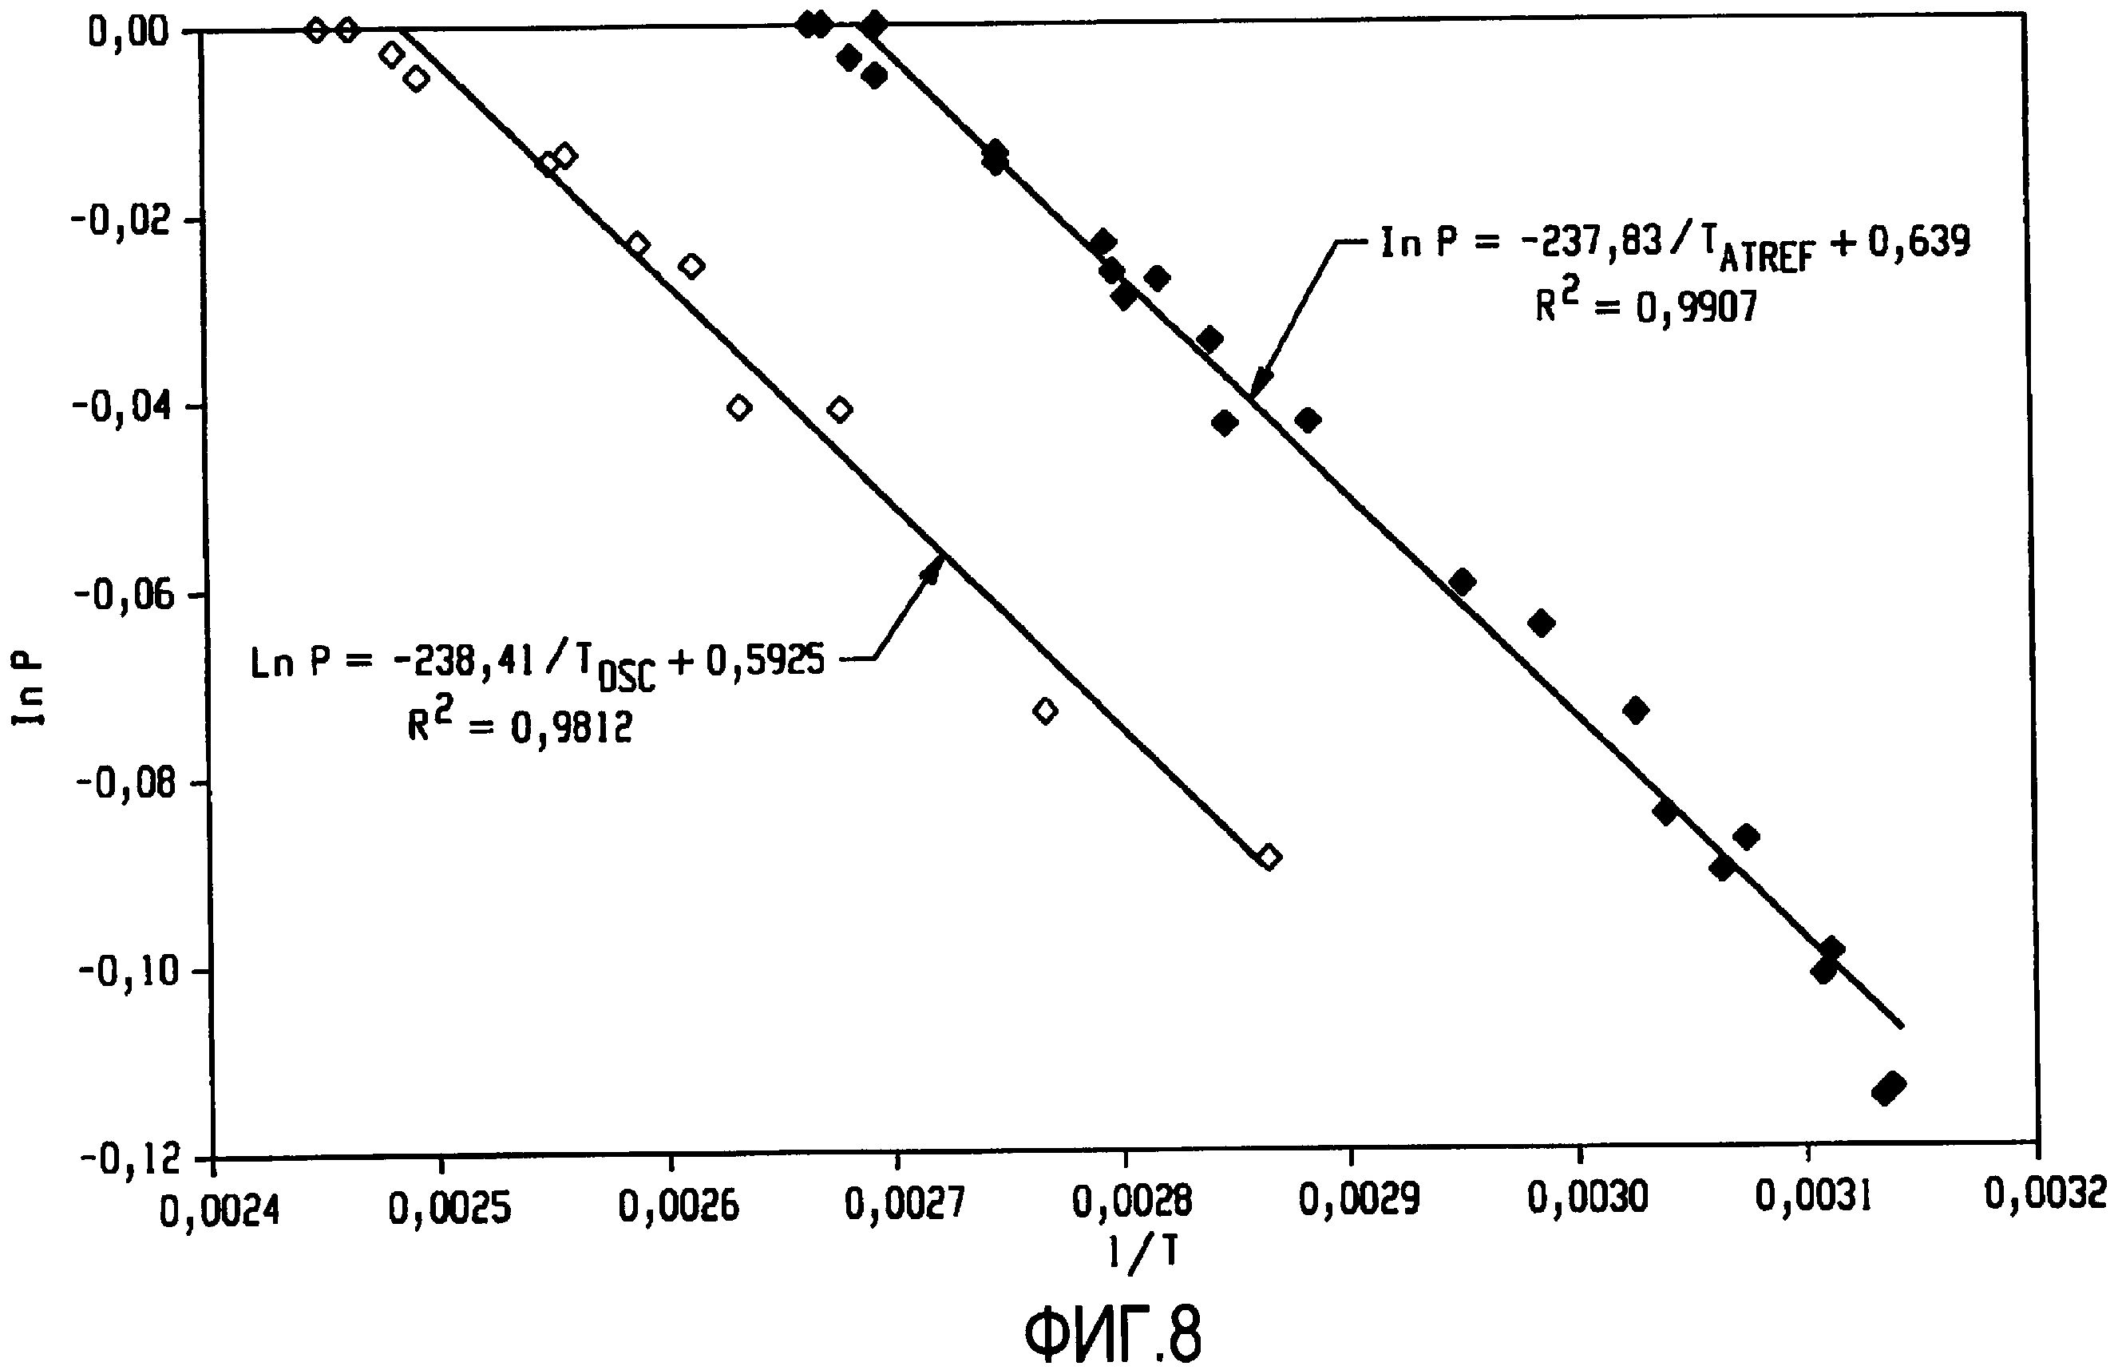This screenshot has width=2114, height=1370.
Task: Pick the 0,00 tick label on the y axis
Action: (128, 32)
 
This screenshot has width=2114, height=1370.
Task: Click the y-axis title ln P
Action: (29, 691)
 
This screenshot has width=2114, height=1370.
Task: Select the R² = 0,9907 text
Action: (1646, 305)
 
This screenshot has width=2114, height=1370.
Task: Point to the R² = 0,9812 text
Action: (520, 725)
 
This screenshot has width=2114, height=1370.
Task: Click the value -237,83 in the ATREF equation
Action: (1590, 241)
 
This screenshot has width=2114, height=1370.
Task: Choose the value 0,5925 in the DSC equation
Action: (765, 661)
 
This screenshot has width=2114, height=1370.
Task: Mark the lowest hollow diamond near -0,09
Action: (1269, 857)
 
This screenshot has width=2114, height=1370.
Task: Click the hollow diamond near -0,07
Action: (1046, 711)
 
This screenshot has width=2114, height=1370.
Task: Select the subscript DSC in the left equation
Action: (627, 679)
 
